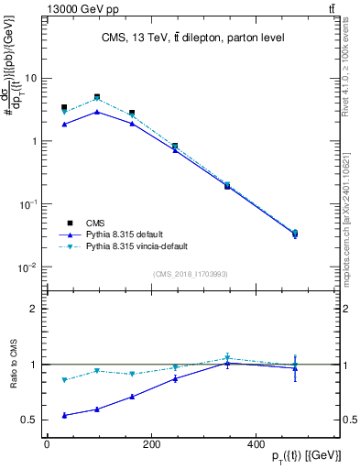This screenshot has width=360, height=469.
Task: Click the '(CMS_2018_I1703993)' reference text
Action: coord(190,274)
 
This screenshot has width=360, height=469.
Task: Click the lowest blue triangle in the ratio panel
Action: coord(63,415)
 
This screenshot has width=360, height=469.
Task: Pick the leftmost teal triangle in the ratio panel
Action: coord(63,379)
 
